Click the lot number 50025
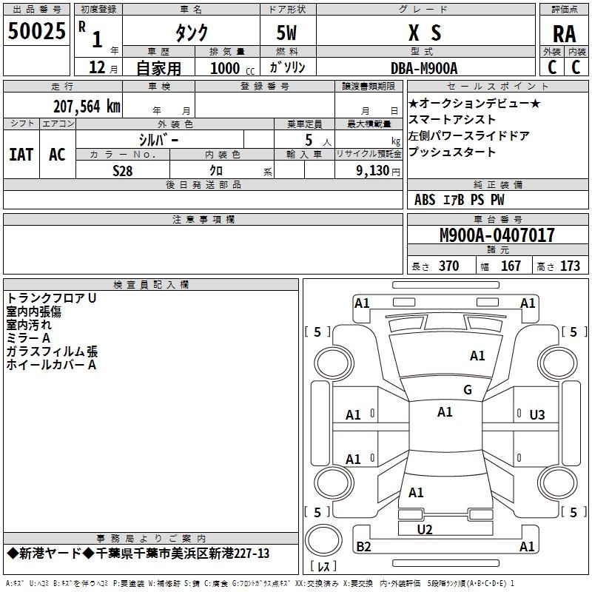point(36,32)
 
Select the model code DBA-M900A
point(424,68)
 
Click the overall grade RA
point(564,34)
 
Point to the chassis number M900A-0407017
point(497,236)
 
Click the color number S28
point(123,170)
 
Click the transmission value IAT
point(21,155)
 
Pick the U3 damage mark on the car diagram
point(536,415)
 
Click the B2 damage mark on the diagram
point(363,547)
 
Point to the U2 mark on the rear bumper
point(424,529)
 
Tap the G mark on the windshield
point(467,390)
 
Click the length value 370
point(448,266)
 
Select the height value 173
point(570,266)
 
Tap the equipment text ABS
point(425,200)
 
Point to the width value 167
point(511,266)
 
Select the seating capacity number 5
point(307,139)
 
